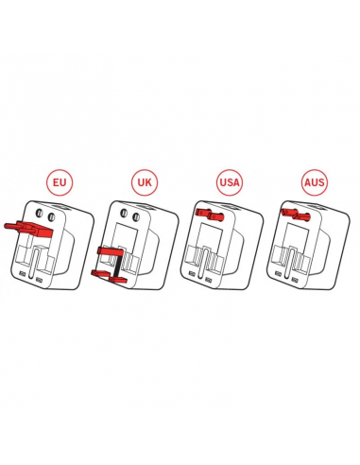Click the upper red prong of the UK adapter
[x=110, y=251]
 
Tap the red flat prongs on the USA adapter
[x=210, y=215]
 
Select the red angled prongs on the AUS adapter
[x=296, y=215]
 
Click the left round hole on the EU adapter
[x=40, y=214]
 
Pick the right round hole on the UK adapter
[x=136, y=217]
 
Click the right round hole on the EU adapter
[x=51, y=217]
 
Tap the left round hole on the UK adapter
[x=125, y=214]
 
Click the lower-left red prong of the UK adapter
[x=99, y=273]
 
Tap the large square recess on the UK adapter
[x=126, y=235]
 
